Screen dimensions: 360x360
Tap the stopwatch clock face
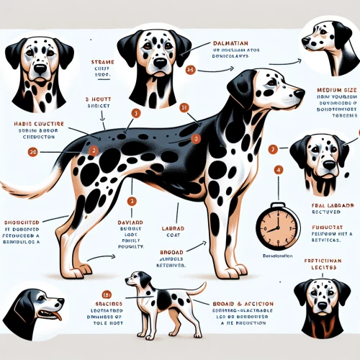(276, 227)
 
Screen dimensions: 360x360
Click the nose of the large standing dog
(300, 93)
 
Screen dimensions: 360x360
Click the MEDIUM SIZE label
(337, 91)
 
